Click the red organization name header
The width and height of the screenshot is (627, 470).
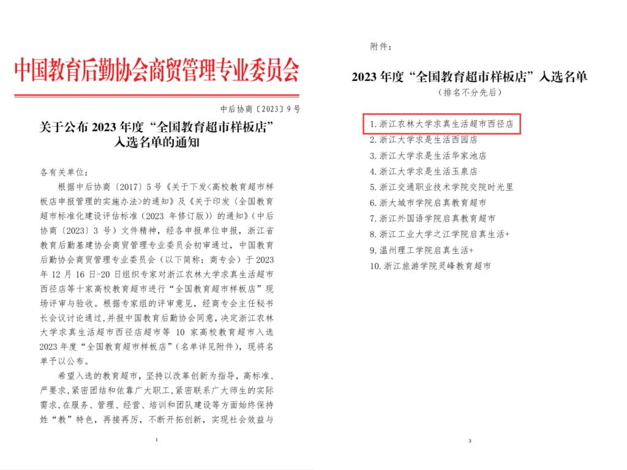pos(157,72)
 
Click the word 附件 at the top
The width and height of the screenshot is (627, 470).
pos(381,47)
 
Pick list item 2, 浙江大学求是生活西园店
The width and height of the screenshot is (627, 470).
pos(424,140)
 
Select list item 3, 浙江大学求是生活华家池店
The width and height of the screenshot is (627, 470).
pos(429,155)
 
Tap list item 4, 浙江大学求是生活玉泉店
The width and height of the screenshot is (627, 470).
pos(424,171)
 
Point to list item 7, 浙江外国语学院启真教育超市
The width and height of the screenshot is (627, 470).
pos(433,218)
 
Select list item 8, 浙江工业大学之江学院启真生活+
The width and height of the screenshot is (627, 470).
pos(440,234)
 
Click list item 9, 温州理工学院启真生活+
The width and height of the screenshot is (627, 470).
pos(422,250)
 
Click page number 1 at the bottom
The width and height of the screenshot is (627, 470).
pos(157,439)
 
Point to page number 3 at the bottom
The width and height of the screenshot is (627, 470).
pos(469,441)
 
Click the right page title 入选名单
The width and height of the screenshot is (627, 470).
pos(469,77)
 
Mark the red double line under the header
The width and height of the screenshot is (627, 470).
pos(157,95)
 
